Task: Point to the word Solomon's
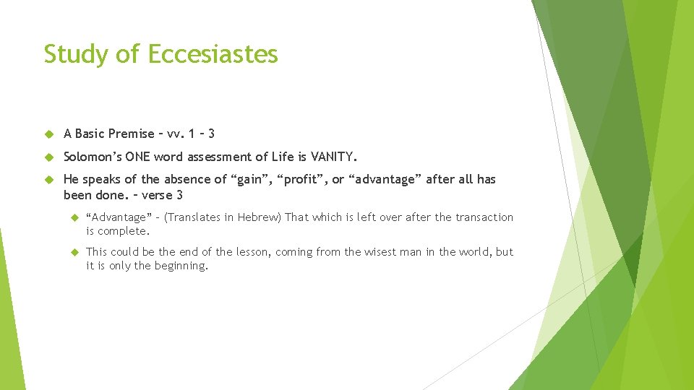[93, 157]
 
